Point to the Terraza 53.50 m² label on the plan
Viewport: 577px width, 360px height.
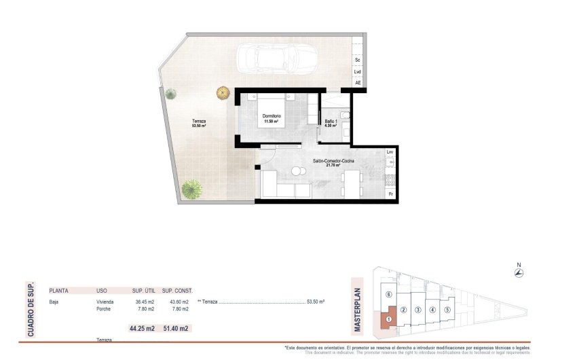199,123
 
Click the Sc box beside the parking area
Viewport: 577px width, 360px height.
358,60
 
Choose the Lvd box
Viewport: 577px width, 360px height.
358,71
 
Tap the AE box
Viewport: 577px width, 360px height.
358,83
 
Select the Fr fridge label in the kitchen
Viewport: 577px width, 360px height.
390,194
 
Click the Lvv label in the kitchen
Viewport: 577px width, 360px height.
390,152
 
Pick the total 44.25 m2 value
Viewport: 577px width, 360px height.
143,329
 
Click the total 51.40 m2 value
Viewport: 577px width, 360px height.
175,329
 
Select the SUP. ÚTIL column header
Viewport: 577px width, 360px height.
143,290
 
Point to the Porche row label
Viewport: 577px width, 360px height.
104,309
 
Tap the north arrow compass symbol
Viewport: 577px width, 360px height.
519,272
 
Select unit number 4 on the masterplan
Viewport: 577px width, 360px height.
432,310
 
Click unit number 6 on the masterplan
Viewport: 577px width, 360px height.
388,294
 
